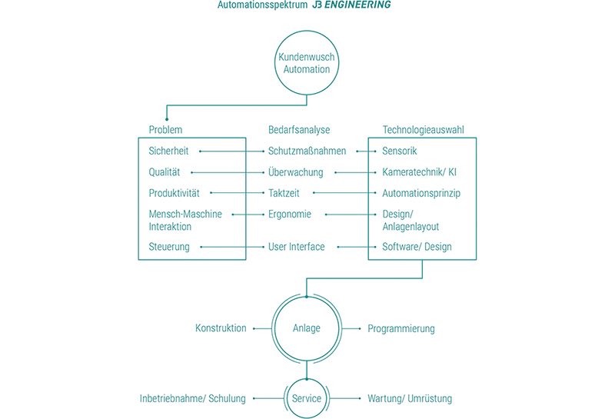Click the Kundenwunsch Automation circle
click(307, 63)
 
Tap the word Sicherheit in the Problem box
click(168, 151)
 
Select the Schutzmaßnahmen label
click(307, 151)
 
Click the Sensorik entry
click(400, 151)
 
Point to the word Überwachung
click(295, 172)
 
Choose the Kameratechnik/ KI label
click(419, 172)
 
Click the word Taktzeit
click(285, 193)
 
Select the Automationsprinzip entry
click(421, 193)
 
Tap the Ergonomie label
click(290, 214)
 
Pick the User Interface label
click(296, 247)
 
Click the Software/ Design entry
click(417, 247)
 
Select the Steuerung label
click(168, 247)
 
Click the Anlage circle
click(307, 328)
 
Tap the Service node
click(307, 398)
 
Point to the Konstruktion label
click(221, 328)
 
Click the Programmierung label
click(401, 328)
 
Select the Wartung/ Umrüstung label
click(409, 398)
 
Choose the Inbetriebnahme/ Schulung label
click(192, 398)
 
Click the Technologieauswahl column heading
click(423, 130)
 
